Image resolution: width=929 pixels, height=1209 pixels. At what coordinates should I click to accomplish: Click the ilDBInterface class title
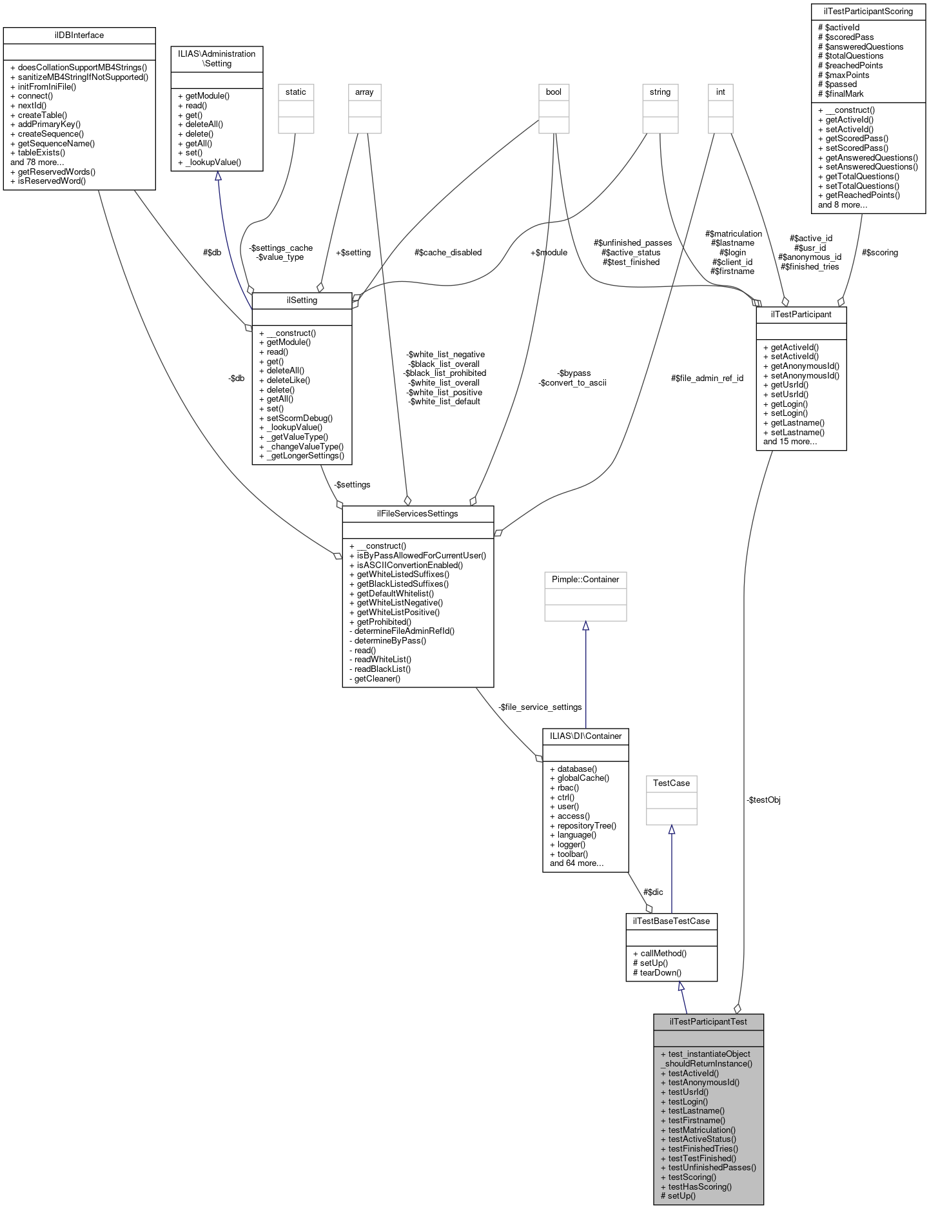(79, 35)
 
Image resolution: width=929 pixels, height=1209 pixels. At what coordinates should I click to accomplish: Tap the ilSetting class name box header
(302, 300)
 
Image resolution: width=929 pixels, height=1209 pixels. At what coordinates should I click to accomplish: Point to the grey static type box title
(295, 92)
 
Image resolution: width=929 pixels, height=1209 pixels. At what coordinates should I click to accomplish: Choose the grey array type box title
(364, 92)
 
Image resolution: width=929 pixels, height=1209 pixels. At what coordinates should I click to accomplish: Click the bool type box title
(553, 92)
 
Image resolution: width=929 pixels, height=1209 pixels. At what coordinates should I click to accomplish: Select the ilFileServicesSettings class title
(417, 513)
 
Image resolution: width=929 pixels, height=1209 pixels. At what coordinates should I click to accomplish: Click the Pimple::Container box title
(585, 579)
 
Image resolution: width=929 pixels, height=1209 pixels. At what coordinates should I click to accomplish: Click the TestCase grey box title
(671, 783)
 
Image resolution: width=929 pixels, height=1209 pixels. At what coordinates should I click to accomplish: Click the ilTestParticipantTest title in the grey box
(709, 1021)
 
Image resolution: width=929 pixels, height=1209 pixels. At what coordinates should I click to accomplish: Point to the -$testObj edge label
(763, 800)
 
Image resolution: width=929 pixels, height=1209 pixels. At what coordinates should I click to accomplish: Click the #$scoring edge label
(879, 252)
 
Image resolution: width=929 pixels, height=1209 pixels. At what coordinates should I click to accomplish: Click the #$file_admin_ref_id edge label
(707, 378)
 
